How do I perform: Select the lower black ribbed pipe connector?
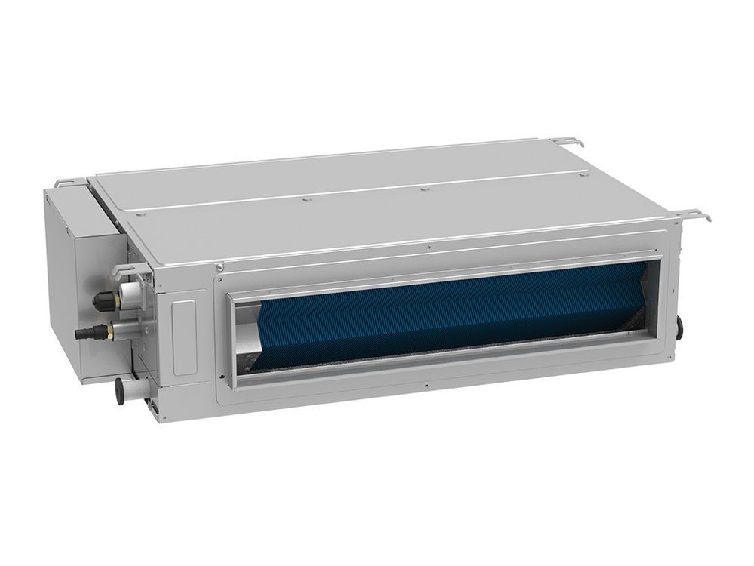pyautogui.click(x=84, y=332)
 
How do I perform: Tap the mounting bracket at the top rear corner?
pyautogui.click(x=567, y=141)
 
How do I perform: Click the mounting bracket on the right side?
pyautogui.click(x=693, y=214)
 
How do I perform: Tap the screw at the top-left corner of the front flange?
pyautogui.click(x=219, y=267)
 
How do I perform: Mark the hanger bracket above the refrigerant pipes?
pyautogui.click(x=127, y=269)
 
